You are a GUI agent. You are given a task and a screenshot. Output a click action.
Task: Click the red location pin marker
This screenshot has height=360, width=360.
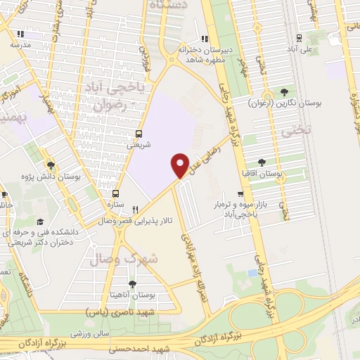point(181,165)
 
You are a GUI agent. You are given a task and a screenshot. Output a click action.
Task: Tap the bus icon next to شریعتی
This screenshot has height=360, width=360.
point(138,134)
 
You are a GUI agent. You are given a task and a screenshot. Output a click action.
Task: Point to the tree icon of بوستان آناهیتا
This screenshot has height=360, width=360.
point(132,284)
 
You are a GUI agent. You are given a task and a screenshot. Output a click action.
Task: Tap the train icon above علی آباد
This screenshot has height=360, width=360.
point(300,38)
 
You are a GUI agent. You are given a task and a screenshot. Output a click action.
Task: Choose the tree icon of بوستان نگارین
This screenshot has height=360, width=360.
point(284,91)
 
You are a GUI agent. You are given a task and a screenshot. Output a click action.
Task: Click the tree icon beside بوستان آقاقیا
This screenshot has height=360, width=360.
point(262,162)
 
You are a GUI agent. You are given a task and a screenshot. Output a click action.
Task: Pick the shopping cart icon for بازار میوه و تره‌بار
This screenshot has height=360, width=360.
point(241,193)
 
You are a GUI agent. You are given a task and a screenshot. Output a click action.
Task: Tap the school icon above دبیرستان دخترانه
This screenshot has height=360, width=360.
point(204,39)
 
